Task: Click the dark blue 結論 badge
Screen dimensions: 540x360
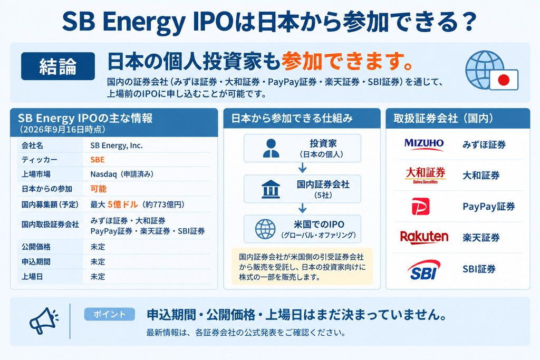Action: (58, 66)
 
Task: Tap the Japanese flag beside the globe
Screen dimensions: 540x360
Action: (504, 80)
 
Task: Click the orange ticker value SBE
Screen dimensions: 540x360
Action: (98, 160)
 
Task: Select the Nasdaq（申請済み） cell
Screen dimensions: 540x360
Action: (122, 174)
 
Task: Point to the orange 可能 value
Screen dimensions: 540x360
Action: (99, 189)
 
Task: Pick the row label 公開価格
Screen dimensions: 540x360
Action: (36, 247)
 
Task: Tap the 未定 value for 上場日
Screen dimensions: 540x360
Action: (98, 277)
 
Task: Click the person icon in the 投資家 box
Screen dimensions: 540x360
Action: (271, 148)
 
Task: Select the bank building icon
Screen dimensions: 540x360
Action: (271, 189)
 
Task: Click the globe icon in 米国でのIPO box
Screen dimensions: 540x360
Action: (265, 229)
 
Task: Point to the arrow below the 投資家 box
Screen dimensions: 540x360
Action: (302, 168)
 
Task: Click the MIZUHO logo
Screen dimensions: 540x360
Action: (424, 144)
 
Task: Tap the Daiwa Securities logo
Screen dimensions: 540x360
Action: (426, 175)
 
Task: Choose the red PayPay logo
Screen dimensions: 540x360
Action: (420, 206)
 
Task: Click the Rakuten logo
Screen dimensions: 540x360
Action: (425, 237)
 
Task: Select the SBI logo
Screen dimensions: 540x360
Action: (424, 269)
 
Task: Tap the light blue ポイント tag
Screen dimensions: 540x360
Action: (110, 314)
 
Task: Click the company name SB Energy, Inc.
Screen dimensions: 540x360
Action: (117, 145)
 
